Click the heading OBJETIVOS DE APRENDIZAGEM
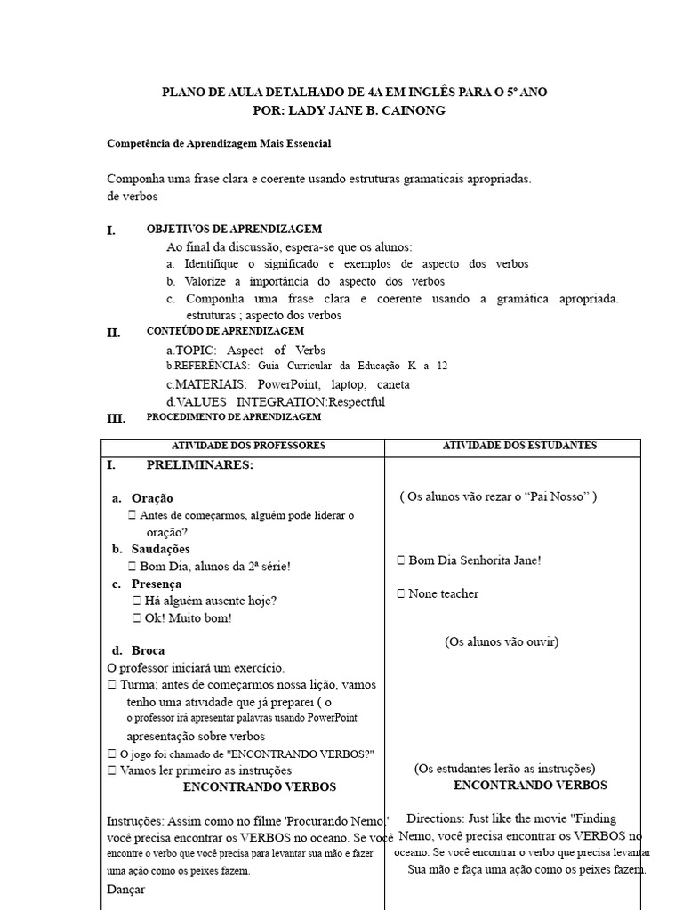(234, 230)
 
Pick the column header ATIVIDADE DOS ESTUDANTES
(519, 446)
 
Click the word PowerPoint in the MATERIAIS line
(290, 384)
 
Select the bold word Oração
(152, 498)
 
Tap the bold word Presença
(157, 584)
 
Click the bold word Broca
(148, 650)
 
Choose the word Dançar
(125, 889)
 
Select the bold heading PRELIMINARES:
(199, 465)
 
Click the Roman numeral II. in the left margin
(114, 334)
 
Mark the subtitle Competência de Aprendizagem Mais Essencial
(219, 143)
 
